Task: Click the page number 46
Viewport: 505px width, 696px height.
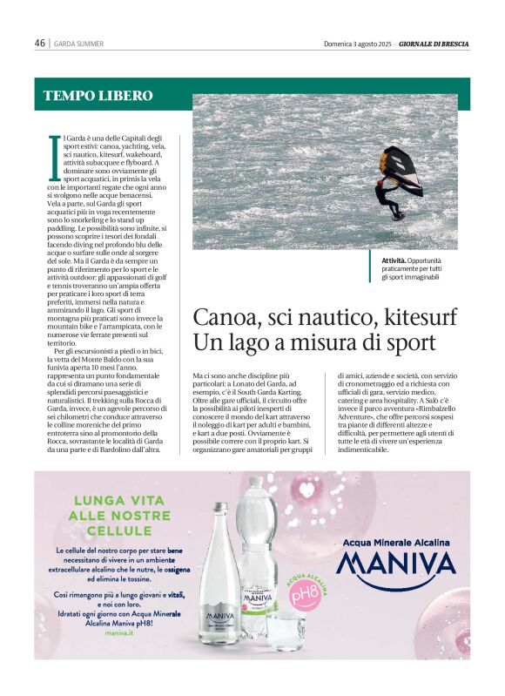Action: pos(39,43)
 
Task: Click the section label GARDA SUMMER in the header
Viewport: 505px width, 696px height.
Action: pos(78,44)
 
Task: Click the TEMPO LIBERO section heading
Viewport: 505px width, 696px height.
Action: pos(98,96)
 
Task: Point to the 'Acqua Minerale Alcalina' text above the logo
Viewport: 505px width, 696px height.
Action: pos(395,542)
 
